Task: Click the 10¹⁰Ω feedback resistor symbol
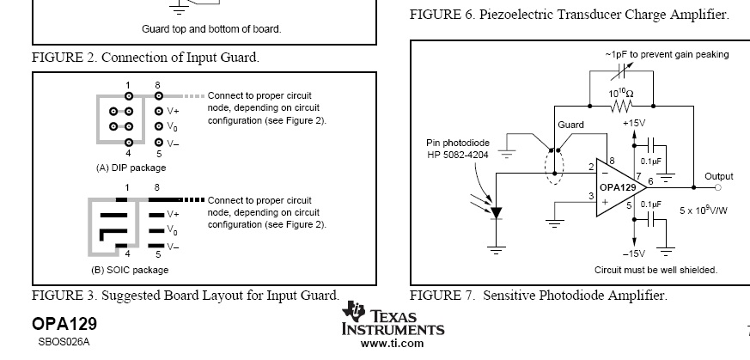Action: [x=621, y=106]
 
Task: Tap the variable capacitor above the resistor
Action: [x=622, y=70]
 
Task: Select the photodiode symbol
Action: [x=497, y=213]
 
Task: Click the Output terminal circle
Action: [x=718, y=187]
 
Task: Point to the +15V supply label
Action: [x=634, y=124]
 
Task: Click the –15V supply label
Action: [x=634, y=253]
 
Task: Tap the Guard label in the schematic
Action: [x=570, y=125]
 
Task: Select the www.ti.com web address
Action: [x=393, y=343]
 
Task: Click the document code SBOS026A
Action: [x=64, y=342]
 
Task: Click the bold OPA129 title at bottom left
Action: [x=64, y=324]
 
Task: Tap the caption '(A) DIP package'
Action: [x=131, y=168]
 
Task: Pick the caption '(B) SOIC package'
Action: [x=130, y=270]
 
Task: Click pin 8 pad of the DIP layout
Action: [x=158, y=96]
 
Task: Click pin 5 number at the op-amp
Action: [x=630, y=205]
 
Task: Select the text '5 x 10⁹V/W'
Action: [x=704, y=210]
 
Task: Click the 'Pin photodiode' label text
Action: [x=458, y=143]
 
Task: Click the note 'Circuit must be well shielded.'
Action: [x=655, y=270]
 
